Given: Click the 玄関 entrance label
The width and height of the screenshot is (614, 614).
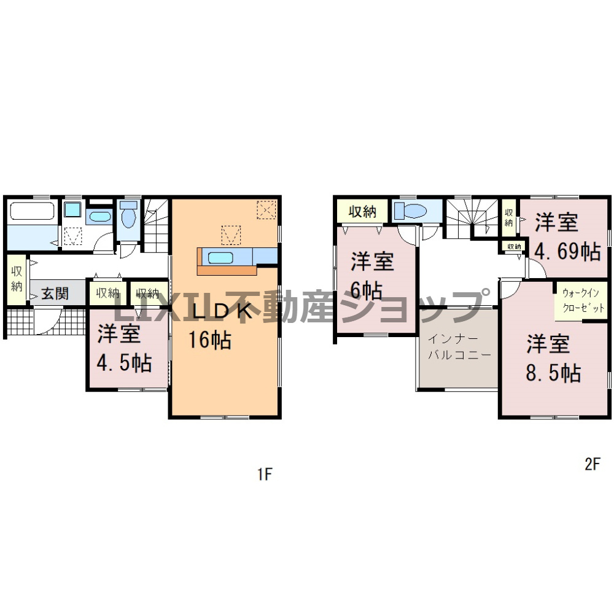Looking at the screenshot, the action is tap(55, 293).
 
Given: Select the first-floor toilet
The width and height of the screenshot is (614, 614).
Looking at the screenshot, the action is tap(128, 214).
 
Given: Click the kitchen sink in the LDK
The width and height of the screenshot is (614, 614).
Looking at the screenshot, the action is tap(220, 258).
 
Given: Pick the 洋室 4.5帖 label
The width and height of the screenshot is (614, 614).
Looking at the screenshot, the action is tap(124, 348).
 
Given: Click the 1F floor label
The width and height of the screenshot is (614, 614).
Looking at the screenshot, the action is tap(264, 474).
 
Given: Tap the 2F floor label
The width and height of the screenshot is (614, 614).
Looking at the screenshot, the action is tap(593, 464).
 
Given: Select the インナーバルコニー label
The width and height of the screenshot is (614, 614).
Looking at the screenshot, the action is tap(459, 347).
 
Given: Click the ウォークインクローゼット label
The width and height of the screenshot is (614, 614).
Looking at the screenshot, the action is tap(583, 300).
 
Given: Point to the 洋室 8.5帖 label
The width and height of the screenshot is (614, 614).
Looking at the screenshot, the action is tap(553, 359).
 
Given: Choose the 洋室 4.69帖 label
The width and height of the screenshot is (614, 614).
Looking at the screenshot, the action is tap(567, 237).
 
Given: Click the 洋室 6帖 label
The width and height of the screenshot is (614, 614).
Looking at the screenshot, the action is tap(372, 276).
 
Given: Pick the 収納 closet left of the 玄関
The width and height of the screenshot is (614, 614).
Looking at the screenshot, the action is tap(17, 279).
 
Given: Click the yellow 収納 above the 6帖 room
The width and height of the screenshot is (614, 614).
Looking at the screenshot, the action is tap(363, 212).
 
